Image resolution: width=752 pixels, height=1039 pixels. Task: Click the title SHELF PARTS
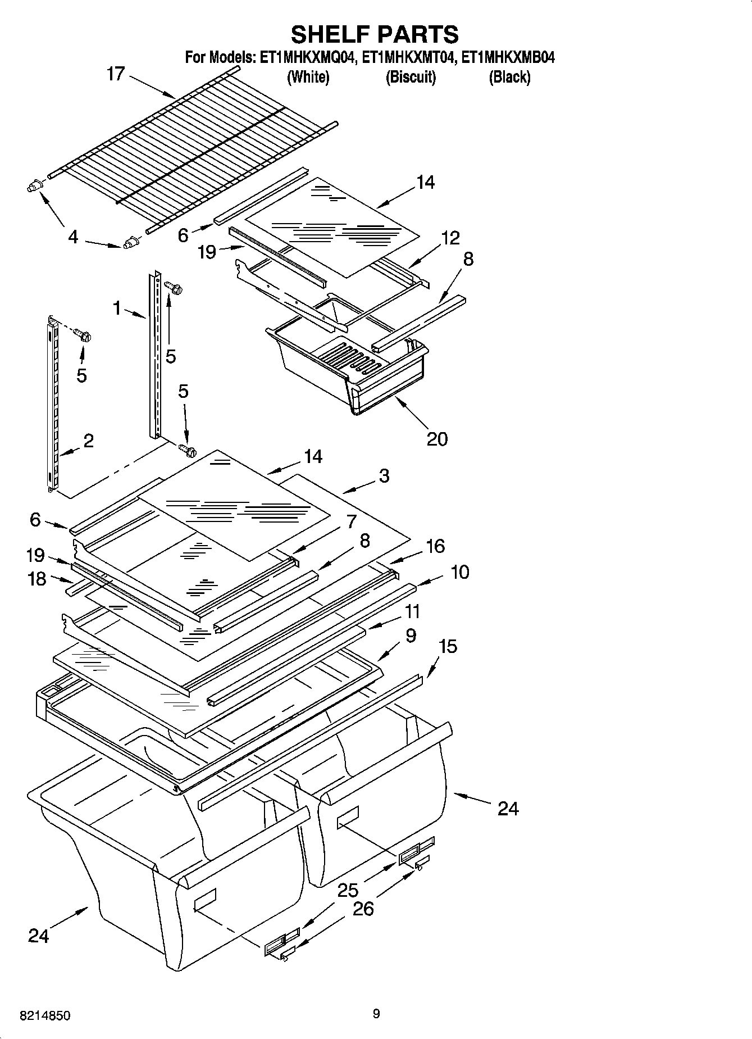tap(375, 34)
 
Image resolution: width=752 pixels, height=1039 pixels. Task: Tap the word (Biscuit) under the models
tap(411, 77)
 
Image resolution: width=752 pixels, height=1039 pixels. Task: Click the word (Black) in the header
tap(509, 77)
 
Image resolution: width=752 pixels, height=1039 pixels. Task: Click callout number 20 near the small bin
tap(437, 438)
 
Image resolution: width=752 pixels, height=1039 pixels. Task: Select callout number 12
tap(450, 238)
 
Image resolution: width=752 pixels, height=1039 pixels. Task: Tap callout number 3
tap(384, 476)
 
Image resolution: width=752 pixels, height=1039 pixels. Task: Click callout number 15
tap(448, 646)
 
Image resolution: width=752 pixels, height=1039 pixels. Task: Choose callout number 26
tap(363, 909)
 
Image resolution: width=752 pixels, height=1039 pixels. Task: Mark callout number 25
tap(348, 890)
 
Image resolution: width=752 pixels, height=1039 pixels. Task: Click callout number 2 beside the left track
tap(88, 441)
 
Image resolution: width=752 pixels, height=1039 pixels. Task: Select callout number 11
tap(412, 611)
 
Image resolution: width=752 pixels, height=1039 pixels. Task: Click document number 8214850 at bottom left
tap(45, 1015)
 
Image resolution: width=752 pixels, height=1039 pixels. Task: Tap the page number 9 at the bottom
tap(376, 1013)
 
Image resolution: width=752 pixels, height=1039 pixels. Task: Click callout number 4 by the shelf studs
tap(73, 237)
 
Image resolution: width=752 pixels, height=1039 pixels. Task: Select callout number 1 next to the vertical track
tap(117, 308)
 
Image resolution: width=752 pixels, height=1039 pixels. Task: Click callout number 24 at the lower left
tap(39, 936)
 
